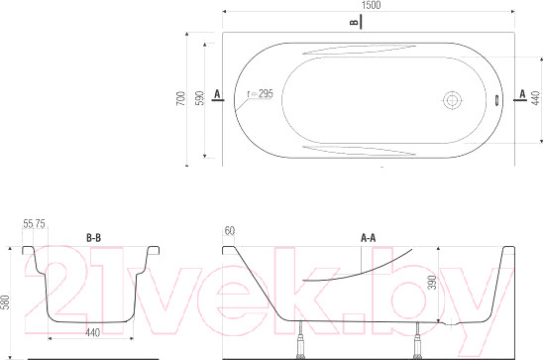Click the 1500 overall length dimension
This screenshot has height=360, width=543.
click(x=371, y=5)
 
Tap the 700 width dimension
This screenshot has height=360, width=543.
click(x=181, y=98)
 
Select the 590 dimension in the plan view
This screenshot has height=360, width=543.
click(x=200, y=98)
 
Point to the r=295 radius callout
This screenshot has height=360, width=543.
click(x=260, y=94)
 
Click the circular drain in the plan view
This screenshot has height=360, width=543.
click(x=452, y=100)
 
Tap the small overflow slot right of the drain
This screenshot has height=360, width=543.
click(x=497, y=100)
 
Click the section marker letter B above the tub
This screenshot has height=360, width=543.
click(x=354, y=23)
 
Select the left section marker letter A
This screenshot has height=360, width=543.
click(x=217, y=94)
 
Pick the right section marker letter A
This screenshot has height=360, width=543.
click(x=522, y=94)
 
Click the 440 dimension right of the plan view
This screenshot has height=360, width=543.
click(x=536, y=98)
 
